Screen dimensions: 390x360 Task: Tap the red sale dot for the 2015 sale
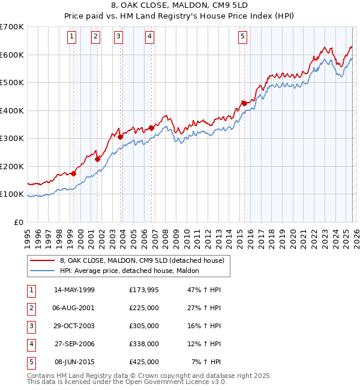pyautogui.click(x=244, y=103)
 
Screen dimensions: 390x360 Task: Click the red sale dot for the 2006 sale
pyautogui.click(x=151, y=127)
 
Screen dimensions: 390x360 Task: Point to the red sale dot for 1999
pyautogui.click(x=73, y=173)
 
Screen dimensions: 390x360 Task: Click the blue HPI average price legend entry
pyautogui.click(x=133, y=271)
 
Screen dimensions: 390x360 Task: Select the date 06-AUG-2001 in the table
pyautogui.click(x=74, y=308)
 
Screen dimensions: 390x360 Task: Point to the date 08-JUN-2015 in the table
pyautogui.click(x=74, y=362)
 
